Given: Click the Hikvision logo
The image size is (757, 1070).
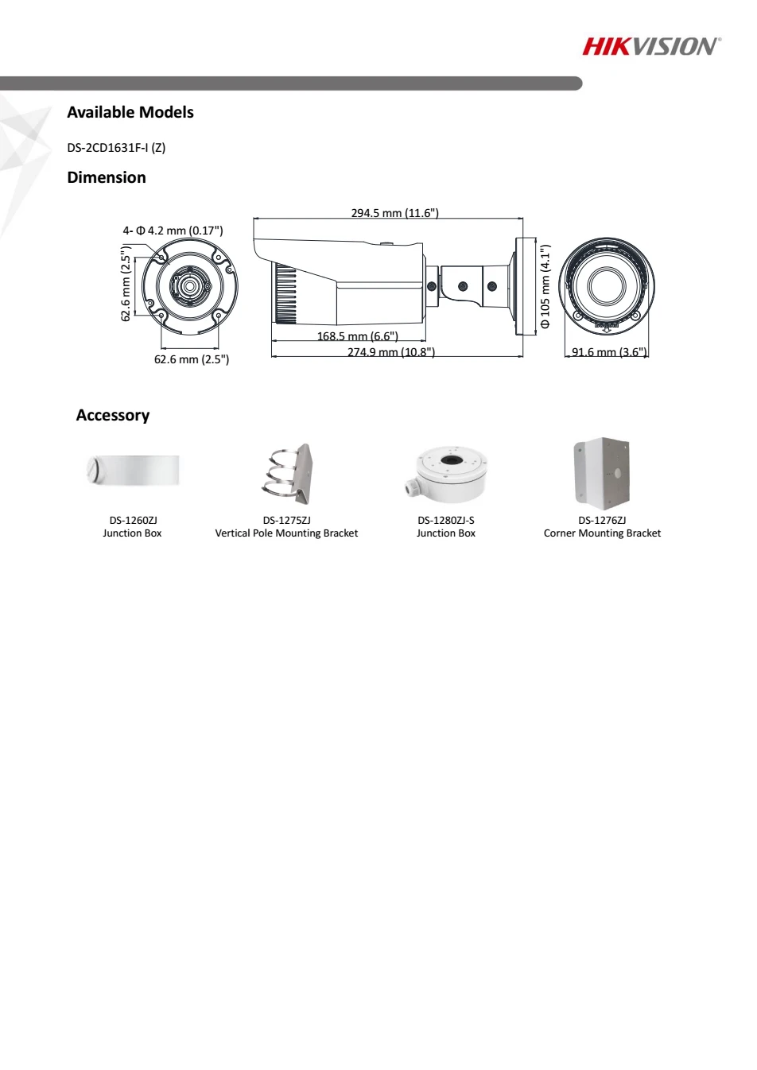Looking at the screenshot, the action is [651, 46].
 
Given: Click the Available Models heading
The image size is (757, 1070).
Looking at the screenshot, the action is [130, 112].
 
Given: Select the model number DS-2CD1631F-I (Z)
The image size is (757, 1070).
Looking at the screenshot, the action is [116, 148].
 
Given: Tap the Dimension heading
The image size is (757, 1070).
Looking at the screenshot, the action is [107, 177].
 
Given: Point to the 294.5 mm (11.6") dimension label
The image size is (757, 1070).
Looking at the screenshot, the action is [394, 212].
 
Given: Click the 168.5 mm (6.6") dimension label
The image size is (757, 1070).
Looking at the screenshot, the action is [358, 335].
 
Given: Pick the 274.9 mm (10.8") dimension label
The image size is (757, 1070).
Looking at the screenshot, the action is [391, 352].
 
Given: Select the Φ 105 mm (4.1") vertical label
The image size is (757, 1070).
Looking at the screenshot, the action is [545, 286].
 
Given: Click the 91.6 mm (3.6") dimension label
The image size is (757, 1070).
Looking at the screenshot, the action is [609, 352].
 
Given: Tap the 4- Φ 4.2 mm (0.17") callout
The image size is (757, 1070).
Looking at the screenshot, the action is [173, 231].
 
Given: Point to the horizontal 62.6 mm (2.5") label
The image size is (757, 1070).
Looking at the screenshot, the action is [192, 359].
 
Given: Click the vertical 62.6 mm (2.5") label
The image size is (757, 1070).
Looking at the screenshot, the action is [126, 283].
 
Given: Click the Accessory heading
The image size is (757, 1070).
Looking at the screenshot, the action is [113, 415].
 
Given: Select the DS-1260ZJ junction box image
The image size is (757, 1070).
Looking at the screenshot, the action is [133, 470].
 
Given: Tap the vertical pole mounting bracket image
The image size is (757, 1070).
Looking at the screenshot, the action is [287, 473].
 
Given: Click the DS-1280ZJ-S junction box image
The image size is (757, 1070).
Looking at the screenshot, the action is [446, 475].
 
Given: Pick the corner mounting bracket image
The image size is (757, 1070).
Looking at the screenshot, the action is [602, 473].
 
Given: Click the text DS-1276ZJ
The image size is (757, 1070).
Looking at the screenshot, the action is [602, 520].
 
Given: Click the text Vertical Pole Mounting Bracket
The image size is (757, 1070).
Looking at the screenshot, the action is [286, 533].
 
